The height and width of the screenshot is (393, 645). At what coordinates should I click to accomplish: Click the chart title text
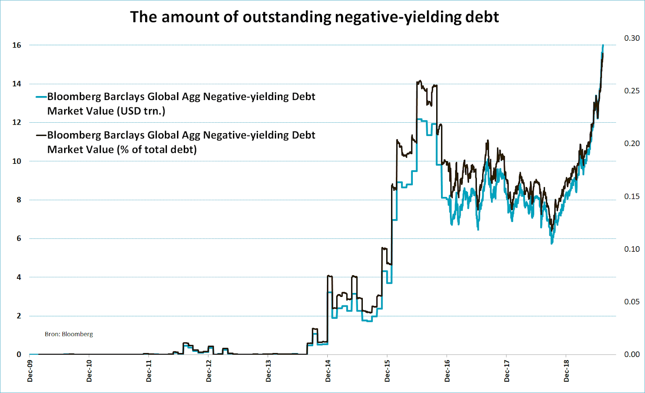[x=314, y=17]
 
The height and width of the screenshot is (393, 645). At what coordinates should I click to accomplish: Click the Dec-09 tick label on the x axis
[x=30, y=371]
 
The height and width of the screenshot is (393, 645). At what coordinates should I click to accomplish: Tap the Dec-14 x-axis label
[x=328, y=371]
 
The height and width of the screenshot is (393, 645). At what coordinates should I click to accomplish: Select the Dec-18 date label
[x=566, y=371]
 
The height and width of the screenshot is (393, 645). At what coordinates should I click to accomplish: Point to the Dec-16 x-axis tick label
[x=447, y=371]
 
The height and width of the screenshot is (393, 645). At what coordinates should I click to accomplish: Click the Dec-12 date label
[x=208, y=371]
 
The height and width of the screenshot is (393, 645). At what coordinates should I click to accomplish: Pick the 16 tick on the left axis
[x=17, y=45]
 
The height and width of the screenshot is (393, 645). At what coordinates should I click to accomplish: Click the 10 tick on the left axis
[x=17, y=161]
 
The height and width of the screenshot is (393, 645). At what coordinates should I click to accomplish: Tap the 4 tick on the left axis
[x=19, y=277]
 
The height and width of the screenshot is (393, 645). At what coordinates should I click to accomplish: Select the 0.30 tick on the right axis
[x=632, y=38]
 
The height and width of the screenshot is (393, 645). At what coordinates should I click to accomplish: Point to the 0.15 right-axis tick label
[x=632, y=196]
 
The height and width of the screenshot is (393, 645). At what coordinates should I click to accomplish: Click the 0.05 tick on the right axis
[x=632, y=302]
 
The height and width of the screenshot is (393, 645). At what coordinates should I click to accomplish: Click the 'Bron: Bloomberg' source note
[x=69, y=334]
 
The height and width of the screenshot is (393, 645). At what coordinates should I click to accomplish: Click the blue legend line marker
[x=41, y=97]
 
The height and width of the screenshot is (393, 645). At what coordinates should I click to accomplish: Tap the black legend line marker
[x=41, y=135]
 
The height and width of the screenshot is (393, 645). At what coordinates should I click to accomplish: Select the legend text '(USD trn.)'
[x=141, y=111]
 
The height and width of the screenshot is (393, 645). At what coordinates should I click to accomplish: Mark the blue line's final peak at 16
[x=603, y=45]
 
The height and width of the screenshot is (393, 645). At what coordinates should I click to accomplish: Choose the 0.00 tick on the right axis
[x=632, y=354]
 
